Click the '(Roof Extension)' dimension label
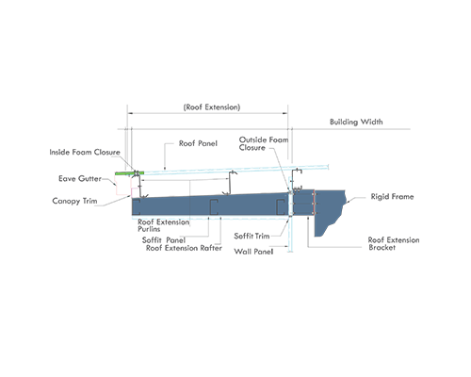click(x=212, y=107)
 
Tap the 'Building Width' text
click(x=356, y=122)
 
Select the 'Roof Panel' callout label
click(x=198, y=143)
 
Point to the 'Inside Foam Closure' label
click(x=85, y=152)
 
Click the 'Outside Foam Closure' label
click(x=264, y=143)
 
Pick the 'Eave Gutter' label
click(x=80, y=179)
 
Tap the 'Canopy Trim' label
click(x=74, y=201)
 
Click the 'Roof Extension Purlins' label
click(x=163, y=225)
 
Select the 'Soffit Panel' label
click(x=164, y=240)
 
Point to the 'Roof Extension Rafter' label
click(x=184, y=248)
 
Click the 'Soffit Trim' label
click(x=252, y=236)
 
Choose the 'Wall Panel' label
click(x=253, y=252)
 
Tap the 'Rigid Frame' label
click(x=392, y=197)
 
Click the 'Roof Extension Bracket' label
click(x=394, y=244)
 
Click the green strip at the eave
click(x=130, y=173)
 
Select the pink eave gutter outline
click(x=123, y=185)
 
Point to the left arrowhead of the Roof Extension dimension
click(x=129, y=113)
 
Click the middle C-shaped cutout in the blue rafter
click(x=214, y=207)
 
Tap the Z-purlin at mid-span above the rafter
click(x=230, y=183)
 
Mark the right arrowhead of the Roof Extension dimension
click(x=285, y=113)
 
